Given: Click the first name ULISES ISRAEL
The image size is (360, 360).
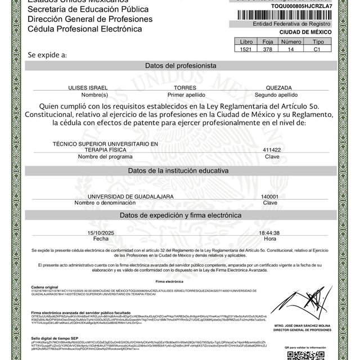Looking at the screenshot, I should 87,88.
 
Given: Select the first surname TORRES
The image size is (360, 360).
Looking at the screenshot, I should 185,88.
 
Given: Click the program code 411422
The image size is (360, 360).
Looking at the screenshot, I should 272,150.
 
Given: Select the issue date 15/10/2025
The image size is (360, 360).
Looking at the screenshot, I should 101,232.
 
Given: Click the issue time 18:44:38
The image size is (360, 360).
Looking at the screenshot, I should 269,232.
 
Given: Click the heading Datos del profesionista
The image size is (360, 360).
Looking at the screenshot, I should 181,66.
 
